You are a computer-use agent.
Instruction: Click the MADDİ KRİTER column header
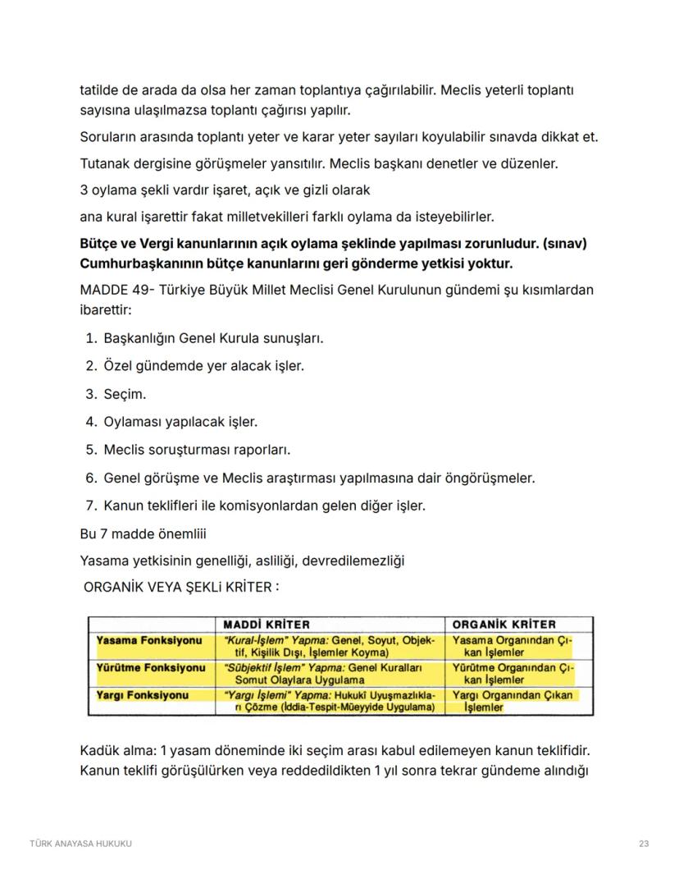point(267,625)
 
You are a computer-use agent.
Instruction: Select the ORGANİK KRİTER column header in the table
point(504,625)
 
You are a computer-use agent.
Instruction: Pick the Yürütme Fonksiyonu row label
point(150,667)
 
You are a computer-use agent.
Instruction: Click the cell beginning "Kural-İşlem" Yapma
point(331,646)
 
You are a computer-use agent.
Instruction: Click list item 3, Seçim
point(124,394)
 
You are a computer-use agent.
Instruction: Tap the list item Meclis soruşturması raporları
point(197,450)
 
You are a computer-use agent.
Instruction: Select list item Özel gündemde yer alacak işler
point(203,366)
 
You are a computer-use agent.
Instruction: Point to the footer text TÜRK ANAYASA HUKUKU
point(80,843)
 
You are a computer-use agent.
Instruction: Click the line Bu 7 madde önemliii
point(144,533)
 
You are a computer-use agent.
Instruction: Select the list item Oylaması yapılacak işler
point(180,422)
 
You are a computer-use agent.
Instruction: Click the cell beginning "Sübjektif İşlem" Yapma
point(331,674)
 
